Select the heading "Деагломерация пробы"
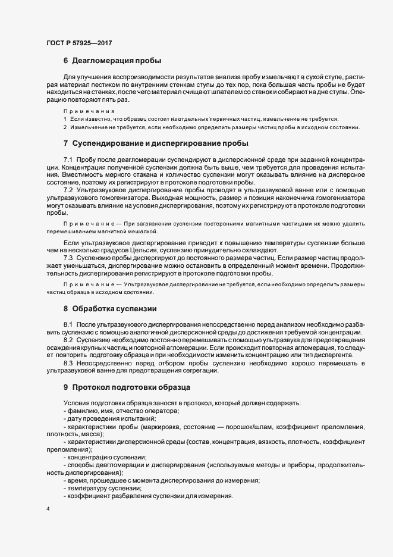point(116,60)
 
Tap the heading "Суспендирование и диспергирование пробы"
point(160,143)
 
